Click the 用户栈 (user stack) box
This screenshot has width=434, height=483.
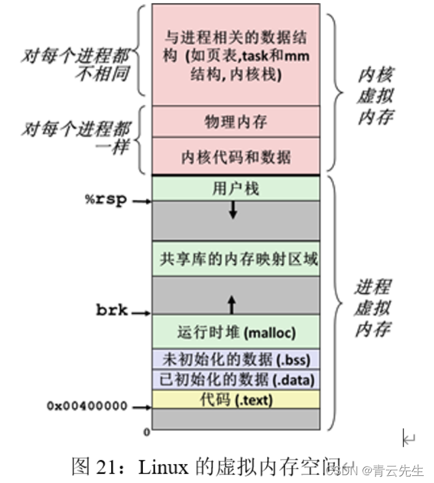coord(236,189)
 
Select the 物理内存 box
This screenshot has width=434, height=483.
coord(236,122)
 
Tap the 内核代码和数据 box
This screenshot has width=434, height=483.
coord(236,156)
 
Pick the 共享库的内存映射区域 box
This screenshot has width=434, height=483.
coord(236,259)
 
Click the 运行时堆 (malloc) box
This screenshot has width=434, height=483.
coord(236,333)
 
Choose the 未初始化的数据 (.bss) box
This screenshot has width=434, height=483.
coord(236,359)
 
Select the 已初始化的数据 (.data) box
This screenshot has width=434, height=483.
coord(236,379)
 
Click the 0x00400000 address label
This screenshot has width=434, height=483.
coord(87,407)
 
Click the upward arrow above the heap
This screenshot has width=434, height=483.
coord(232,303)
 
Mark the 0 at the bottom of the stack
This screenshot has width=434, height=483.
coord(146,431)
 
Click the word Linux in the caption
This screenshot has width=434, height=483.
coord(163,466)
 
